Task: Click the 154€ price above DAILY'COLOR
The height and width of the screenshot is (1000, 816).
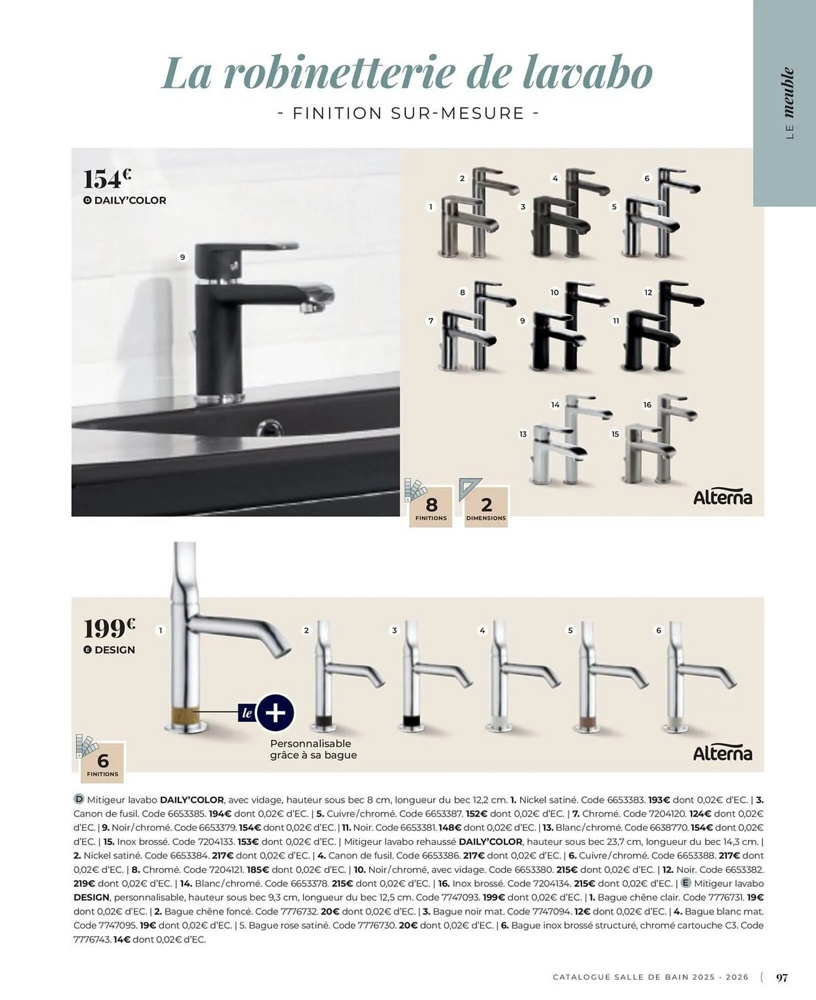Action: tap(107, 179)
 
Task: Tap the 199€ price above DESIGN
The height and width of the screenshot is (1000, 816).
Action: tap(109, 628)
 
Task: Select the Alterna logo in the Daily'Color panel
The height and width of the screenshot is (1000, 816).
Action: tap(722, 498)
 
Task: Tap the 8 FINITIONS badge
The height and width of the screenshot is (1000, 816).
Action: tap(431, 507)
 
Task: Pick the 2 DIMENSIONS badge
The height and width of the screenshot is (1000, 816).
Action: tap(486, 507)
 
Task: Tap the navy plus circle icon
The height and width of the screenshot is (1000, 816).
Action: tap(275, 712)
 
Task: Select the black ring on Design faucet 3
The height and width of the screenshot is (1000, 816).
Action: tap(413, 721)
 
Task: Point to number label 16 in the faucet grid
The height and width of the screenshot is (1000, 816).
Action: tap(647, 404)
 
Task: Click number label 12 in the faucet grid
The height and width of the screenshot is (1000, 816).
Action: tap(648, 292)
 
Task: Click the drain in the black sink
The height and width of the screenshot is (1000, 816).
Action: tap(269, 428)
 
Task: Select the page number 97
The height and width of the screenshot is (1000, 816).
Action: tap(782, 977)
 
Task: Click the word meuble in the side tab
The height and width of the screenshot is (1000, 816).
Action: tap(789, 92)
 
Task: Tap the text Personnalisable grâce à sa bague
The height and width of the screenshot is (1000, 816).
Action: tap(313, 749)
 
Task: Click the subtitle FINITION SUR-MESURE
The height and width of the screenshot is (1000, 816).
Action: tap(408, 113)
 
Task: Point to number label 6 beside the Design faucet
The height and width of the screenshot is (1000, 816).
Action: tap(658, 630)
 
